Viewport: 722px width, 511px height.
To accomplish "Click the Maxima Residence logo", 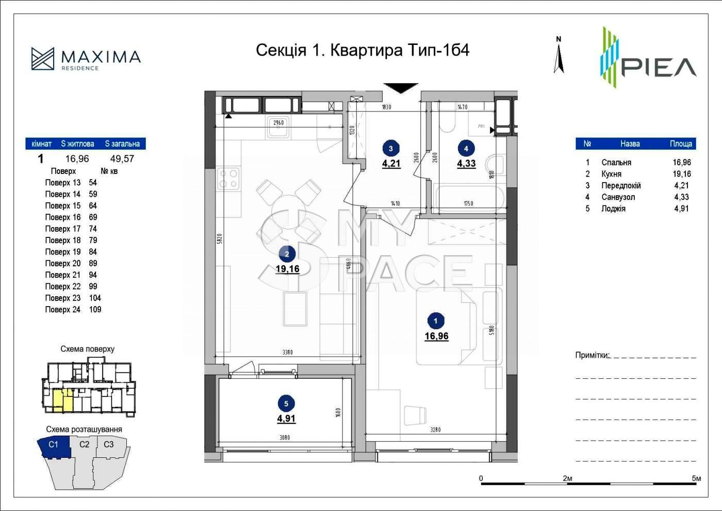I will (86, 59).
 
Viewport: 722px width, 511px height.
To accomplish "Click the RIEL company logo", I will (648, 58).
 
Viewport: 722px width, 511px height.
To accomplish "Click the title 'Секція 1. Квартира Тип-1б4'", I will (363, 50).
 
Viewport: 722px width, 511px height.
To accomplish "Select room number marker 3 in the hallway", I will (390, 149).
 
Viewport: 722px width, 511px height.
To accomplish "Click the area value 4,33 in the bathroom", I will (466, 164).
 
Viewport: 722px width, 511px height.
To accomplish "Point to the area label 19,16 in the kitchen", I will (287, 268).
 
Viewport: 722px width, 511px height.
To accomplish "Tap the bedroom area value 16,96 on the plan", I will (436, 336).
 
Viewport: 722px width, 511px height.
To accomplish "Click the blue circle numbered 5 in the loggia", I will (286, 404).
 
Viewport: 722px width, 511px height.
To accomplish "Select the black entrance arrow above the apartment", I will (401, 88).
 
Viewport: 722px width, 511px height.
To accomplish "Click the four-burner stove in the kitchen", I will (229, 179).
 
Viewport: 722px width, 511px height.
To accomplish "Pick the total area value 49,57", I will (122, 159).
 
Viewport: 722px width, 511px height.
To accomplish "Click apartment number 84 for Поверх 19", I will (93, 252).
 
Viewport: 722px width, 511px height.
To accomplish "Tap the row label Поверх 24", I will (63, 310).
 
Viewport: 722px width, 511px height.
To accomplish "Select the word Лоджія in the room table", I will (613, 209).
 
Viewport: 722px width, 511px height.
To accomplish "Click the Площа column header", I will (681, 144).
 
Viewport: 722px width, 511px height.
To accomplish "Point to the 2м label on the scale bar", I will (567, 478).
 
